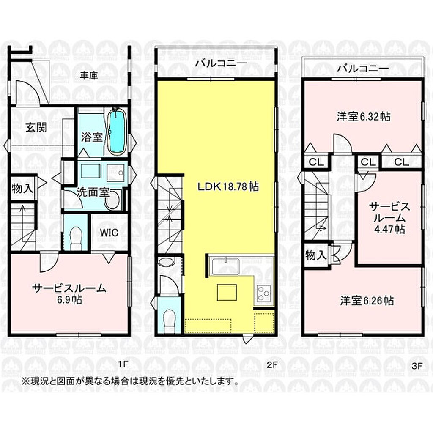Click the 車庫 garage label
pos(89,76)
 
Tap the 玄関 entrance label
pos(36,128)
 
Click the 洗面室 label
pos(93,192)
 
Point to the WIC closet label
pos(109,233)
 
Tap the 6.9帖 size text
pos(69,300)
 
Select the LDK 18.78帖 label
pos(228,187)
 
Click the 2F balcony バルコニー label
pos(221,63)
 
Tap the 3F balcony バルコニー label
pos(363,68)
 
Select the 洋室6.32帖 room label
pos(363,117)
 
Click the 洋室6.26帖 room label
pos(367,301)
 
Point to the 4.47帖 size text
pos(389,229)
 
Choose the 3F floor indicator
pos(417,366)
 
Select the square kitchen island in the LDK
pos(227,292)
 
